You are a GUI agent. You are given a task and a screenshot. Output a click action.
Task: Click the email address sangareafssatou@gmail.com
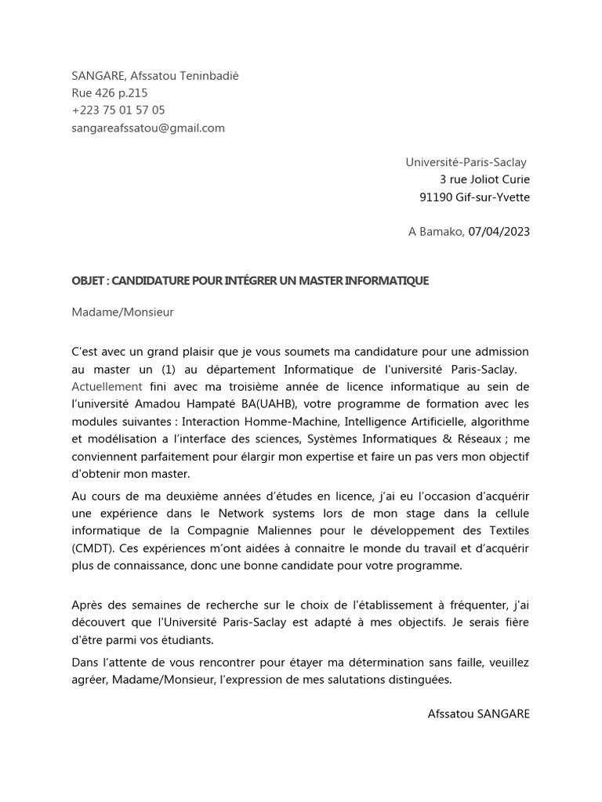tap(148, 128)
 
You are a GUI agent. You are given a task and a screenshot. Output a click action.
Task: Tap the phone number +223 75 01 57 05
tap(118, 110)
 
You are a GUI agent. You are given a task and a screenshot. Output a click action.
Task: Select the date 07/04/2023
tap(499, 231)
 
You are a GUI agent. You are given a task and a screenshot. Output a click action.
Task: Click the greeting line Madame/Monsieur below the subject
tap(122, 312)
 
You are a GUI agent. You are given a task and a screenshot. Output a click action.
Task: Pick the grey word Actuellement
tap(107, 386)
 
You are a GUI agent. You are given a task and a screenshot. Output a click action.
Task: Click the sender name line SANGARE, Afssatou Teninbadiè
tap(155, 75)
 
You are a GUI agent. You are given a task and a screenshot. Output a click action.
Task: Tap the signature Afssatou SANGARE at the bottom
tap(479, 713)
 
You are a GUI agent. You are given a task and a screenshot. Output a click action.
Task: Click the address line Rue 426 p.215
tap(110, 92)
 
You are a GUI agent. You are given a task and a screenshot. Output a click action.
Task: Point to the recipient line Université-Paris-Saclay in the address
tap(466, 162)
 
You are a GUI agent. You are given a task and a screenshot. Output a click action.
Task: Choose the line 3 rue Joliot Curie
tap(484, 180)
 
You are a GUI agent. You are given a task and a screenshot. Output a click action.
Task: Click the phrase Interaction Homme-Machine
tap(249, 422)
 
